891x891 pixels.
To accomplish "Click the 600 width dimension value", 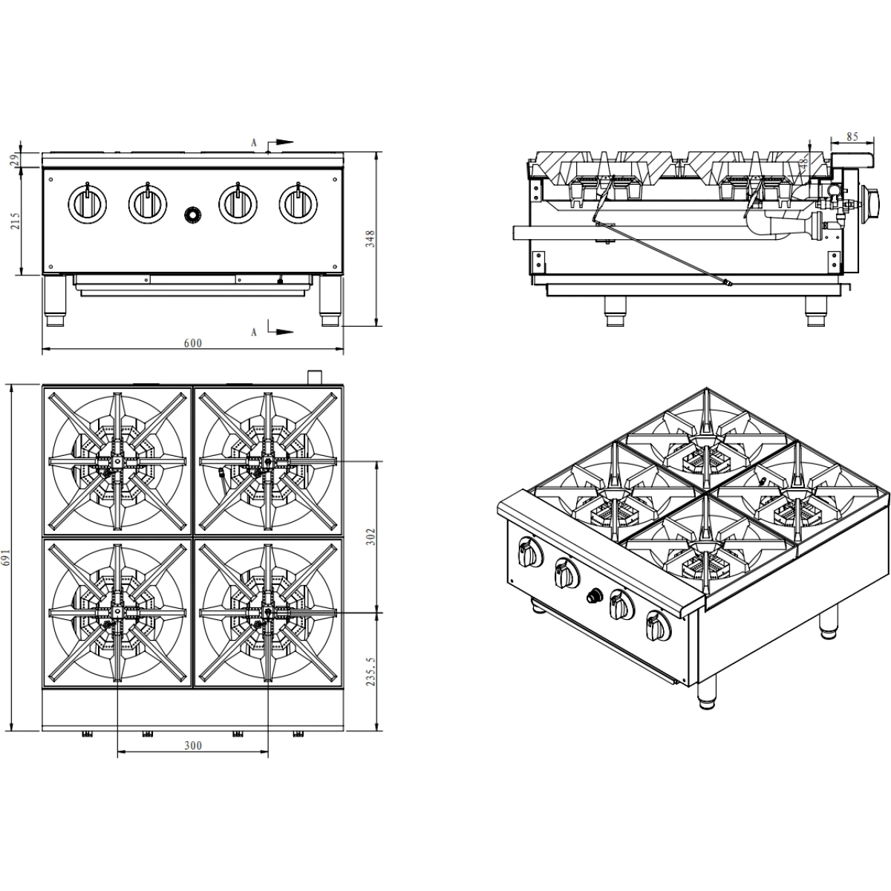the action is click(193, 343).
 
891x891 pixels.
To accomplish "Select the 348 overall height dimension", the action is click(370, 238).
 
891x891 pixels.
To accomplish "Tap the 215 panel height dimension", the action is click(16, 221).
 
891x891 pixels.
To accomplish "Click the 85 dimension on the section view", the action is click(852, 137).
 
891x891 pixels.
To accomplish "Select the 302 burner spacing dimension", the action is click(371, 537).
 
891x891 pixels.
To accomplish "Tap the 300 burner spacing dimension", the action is click(193, 745).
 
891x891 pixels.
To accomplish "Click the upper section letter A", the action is click(253, 143).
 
